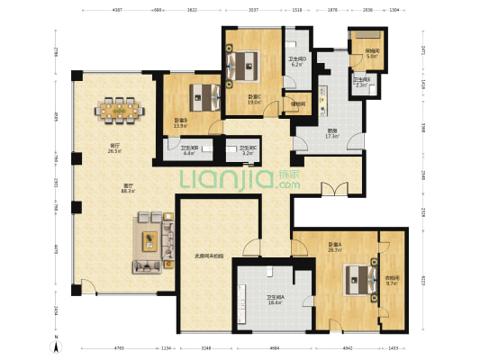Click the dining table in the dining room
(x=119, y=112)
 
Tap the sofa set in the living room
(x=152, y=241)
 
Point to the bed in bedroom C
(x=246, y=64)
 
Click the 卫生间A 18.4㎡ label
(x=275, y=300)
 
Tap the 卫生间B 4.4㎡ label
(x=188, y=150)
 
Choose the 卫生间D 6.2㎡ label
(x=297, y=62)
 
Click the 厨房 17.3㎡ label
(x=332, y=133)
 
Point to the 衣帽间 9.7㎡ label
(x=392, y=281)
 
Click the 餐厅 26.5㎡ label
(x=114, y=148)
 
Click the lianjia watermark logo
(x=240, y=178)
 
